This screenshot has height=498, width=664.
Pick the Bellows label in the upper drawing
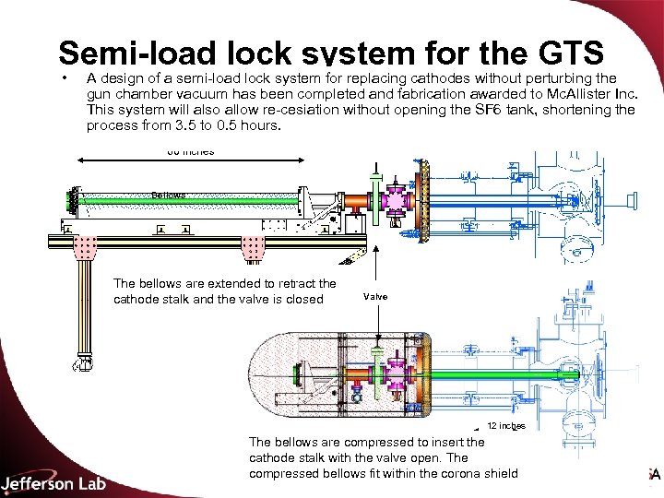[169, 196]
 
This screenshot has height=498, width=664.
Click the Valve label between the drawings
[375, 296]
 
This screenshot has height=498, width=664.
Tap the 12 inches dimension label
[506, 425]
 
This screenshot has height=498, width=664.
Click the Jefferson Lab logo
[53, 482]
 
